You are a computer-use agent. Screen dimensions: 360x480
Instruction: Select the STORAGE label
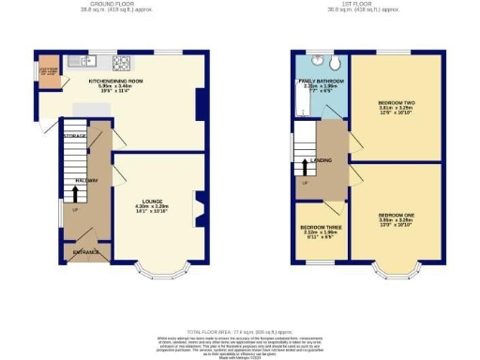coord(75,137)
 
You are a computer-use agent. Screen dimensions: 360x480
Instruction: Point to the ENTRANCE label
coord(85,251)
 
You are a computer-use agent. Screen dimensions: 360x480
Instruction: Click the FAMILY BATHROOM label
coord(320,82)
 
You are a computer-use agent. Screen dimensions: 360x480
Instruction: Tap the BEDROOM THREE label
coord(319,227)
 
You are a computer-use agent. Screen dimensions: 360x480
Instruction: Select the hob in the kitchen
coord(120,63)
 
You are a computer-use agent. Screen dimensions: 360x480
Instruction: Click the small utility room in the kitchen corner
coord(47,72)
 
